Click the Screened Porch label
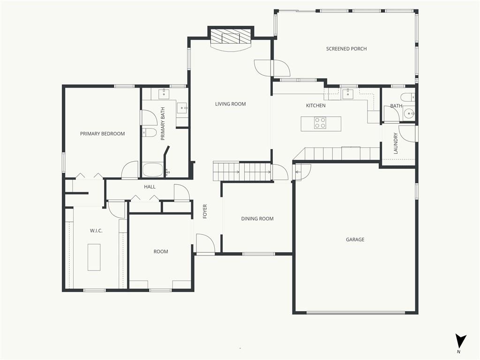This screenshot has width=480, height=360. click(346, 49)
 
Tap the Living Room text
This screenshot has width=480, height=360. click(230, 104)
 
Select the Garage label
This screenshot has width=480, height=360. click(355, 240)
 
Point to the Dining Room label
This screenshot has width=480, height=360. click(257, 218)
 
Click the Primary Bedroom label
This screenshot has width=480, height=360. click(102, 134)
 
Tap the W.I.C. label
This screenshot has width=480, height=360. click(96, 231)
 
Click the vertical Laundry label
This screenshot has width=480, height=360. click(396, 143)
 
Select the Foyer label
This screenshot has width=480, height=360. click(205, 211)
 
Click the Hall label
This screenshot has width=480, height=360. click(150, 187)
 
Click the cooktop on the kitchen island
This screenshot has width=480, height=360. click(320, 123)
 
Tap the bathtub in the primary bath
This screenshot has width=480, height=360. click(153, 170)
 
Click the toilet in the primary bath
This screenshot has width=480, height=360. click(150, 133)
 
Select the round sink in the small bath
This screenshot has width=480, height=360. click(409, 113)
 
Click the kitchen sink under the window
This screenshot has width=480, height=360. click(348, 94)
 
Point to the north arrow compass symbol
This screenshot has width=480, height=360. click(460, 340)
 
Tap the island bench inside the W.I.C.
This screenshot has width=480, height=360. click(94, 257)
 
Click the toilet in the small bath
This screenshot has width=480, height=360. click(408, 97)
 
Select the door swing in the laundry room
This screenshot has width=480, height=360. click(407, 134)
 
